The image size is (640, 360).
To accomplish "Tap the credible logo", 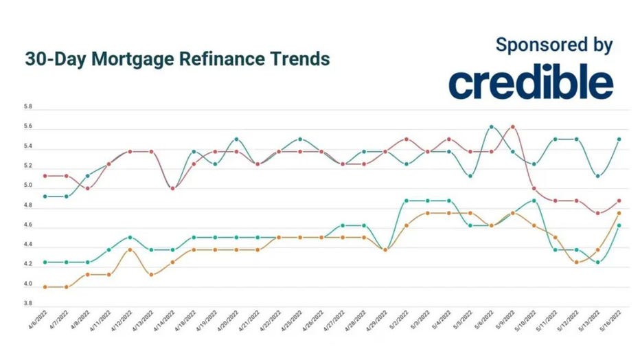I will (531, 83).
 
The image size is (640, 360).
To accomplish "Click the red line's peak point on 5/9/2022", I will (512, 126).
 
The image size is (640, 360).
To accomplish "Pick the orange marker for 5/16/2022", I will (619, 213).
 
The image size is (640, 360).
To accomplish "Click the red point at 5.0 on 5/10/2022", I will (534, 188).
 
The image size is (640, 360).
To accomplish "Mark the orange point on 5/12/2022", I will (576, 262).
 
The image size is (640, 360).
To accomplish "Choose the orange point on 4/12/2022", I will (130, 249).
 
